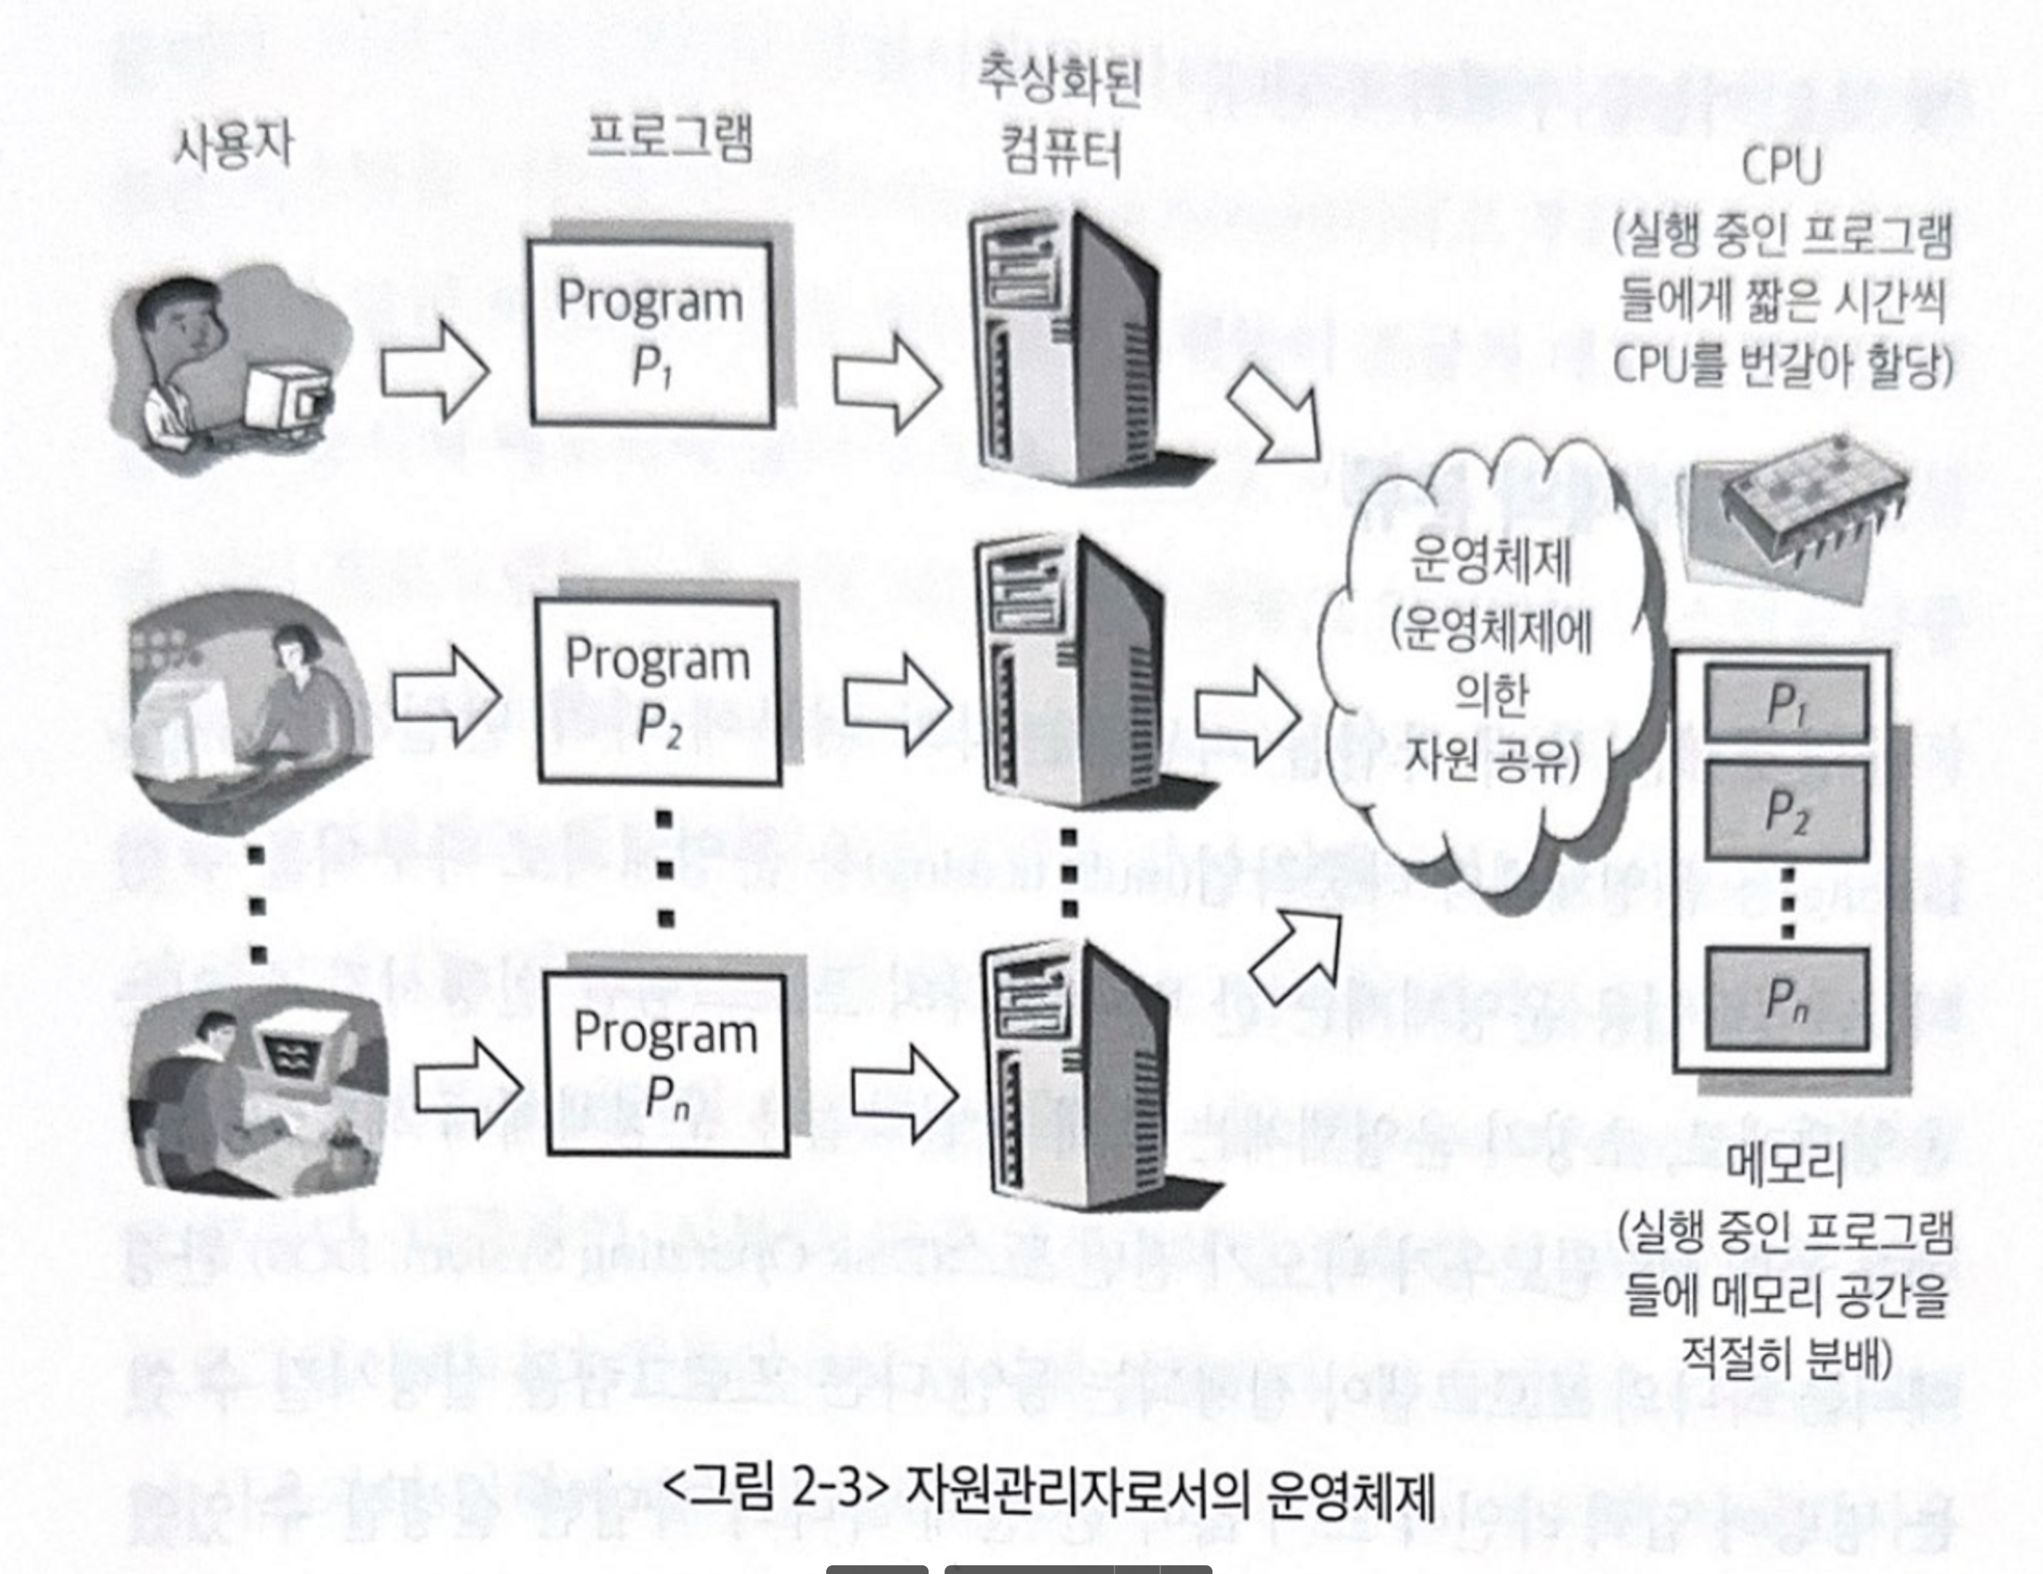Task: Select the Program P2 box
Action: pyautogui.click(x=658, y=690)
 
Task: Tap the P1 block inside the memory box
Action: pyautogui.click(x=1786, y=704)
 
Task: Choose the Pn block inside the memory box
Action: pyautogui.click(x=1786, y=998)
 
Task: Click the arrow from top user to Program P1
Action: pyautogui.click(x=434, y=370)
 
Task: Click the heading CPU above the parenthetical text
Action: pyautogui.click(x=1782, y=168)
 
